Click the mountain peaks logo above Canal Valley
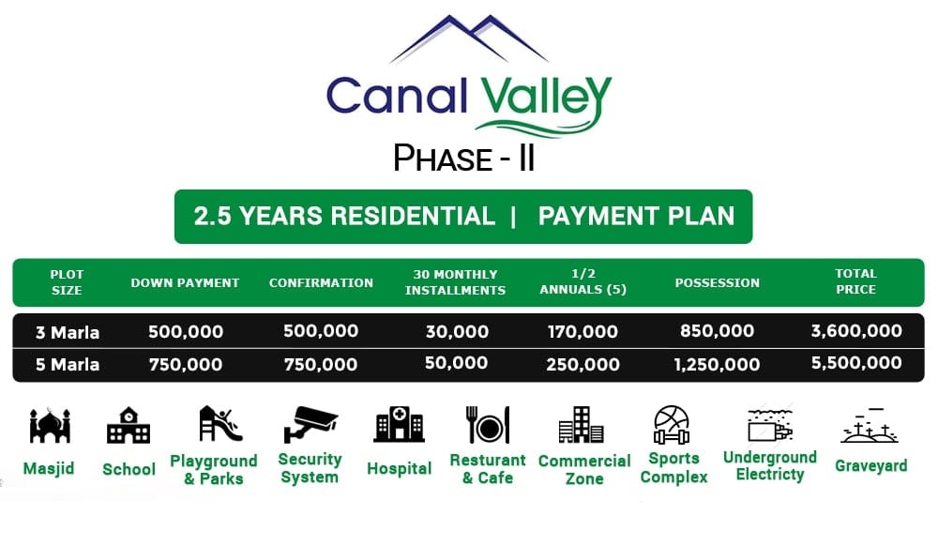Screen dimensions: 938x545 [468, 38]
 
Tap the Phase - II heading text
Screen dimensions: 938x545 [463, 159]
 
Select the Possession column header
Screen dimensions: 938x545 [718, 283]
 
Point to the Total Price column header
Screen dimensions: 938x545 [855, 281]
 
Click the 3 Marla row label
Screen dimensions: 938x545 [67, 333]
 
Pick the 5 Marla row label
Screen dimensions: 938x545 [67, 364]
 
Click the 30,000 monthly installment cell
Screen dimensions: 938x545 [457, 331]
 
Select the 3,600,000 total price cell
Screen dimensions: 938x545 [856, 331]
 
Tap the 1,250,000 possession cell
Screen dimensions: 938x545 [717, 364]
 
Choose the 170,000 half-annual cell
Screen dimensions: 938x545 [582, 331]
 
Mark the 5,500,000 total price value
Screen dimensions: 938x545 [856, 363]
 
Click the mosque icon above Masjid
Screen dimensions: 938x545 [50, 425]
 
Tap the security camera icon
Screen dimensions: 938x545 [310, 424]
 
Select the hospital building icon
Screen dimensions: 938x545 [399, 424]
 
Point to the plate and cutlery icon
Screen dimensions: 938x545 [488, 425]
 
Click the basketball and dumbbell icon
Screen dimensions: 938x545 [672, 425]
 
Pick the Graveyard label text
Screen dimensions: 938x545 [871, 465]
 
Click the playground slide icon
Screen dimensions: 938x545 [220, 424]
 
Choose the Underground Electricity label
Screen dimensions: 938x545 [770, 466]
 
